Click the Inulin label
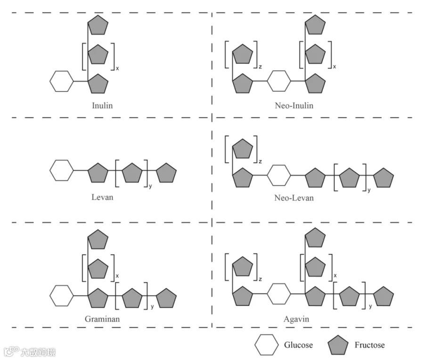point(102,105)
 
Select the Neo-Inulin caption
point(294,105)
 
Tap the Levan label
point(102,197)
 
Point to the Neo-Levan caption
point(294,198)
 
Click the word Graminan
point(102,318)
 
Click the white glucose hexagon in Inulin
point(62,81)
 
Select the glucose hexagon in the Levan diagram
point(62,170)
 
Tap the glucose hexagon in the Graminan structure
point(62,296)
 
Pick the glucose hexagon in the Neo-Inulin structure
point(279,81)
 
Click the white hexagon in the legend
point(267,345)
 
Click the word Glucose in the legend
point(298,345)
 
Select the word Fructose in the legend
point(369,345)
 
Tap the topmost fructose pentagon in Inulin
point(98,25)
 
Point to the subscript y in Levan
point(150,187)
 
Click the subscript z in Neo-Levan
point(260,161)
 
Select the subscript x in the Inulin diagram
point(117,68)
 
